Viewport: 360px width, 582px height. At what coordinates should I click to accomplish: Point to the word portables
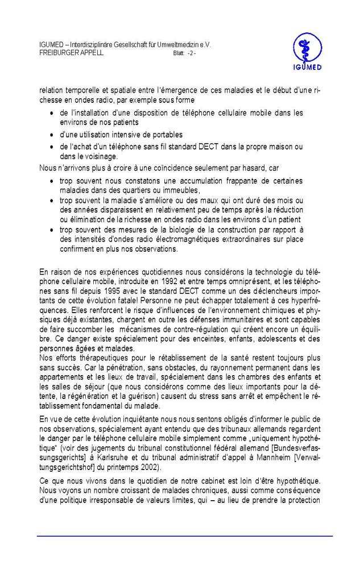[x=167, y=134]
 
